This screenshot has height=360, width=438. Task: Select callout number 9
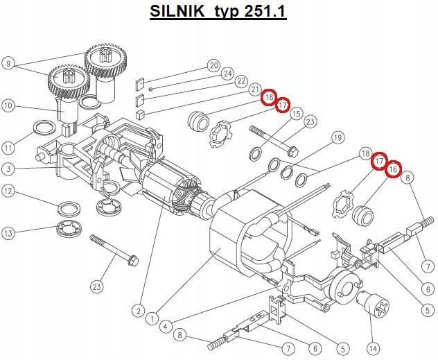tap(8, 64)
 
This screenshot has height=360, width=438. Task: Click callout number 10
tap(8, 106)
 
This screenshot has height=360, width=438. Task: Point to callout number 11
tap(8, 148)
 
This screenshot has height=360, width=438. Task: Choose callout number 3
tap(8, 169)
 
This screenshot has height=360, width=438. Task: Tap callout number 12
tap(8, 191)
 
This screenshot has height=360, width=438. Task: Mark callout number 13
tap(8, 234)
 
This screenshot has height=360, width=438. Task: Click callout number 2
tap(139, 311)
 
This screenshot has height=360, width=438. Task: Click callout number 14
tap(375, 348)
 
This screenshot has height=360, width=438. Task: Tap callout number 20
tap(213, 66)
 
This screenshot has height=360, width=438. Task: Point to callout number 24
tap(227, 74)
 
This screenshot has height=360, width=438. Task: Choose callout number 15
tap(296, 114)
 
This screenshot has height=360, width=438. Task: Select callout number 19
tap(338, 138)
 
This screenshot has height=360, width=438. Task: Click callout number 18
tap(365, 153)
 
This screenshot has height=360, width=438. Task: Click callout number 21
tap(255, 89)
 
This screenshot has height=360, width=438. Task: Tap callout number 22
tap(241, 81)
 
